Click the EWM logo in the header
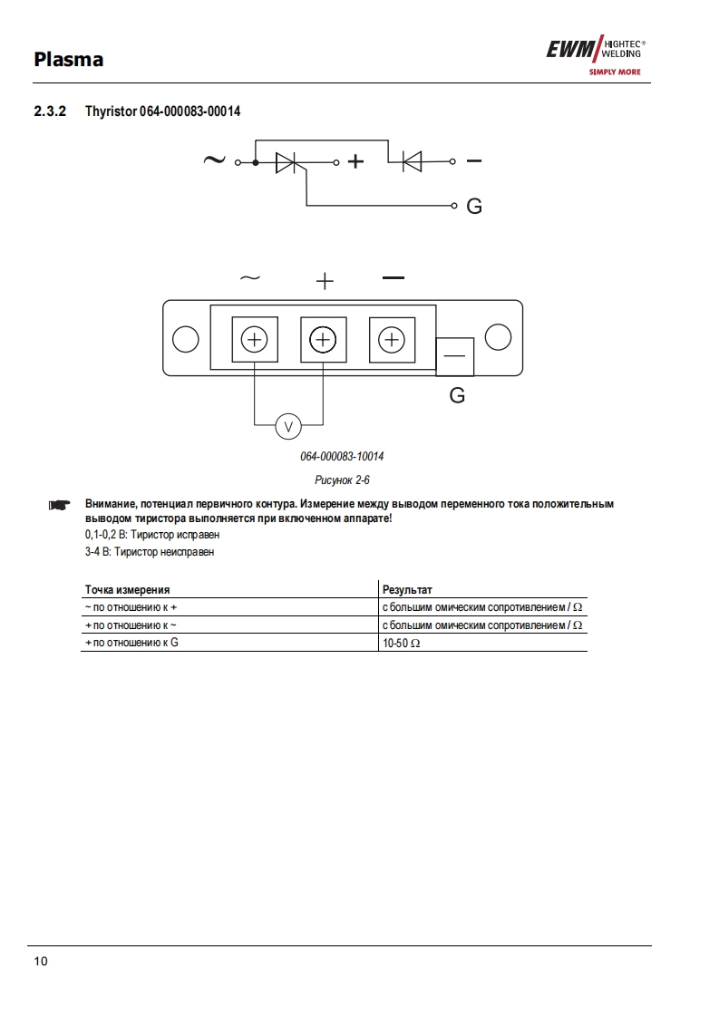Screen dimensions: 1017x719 pos(598,55)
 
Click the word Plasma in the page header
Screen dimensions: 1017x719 pos(68,60)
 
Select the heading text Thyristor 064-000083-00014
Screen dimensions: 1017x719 pos(163,111)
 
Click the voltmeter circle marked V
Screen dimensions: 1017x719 pos(287,424)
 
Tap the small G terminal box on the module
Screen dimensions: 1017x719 pos(455,356)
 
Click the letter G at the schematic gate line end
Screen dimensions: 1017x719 pos(473,207)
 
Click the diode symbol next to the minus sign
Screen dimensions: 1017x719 pos(412,163)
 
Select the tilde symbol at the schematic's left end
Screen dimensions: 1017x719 pos(213,160)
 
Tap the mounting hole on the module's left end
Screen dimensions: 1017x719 pos(185,339)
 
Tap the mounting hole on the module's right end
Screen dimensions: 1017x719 pos(498,337)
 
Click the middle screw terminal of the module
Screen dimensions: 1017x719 pos(323,340)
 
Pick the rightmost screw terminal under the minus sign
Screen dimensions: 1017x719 pos(392,340)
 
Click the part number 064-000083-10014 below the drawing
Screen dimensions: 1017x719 pos(335,456)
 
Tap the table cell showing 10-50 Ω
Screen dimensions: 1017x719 pos(403,643)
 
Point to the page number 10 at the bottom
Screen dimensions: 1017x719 pos(41,961)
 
